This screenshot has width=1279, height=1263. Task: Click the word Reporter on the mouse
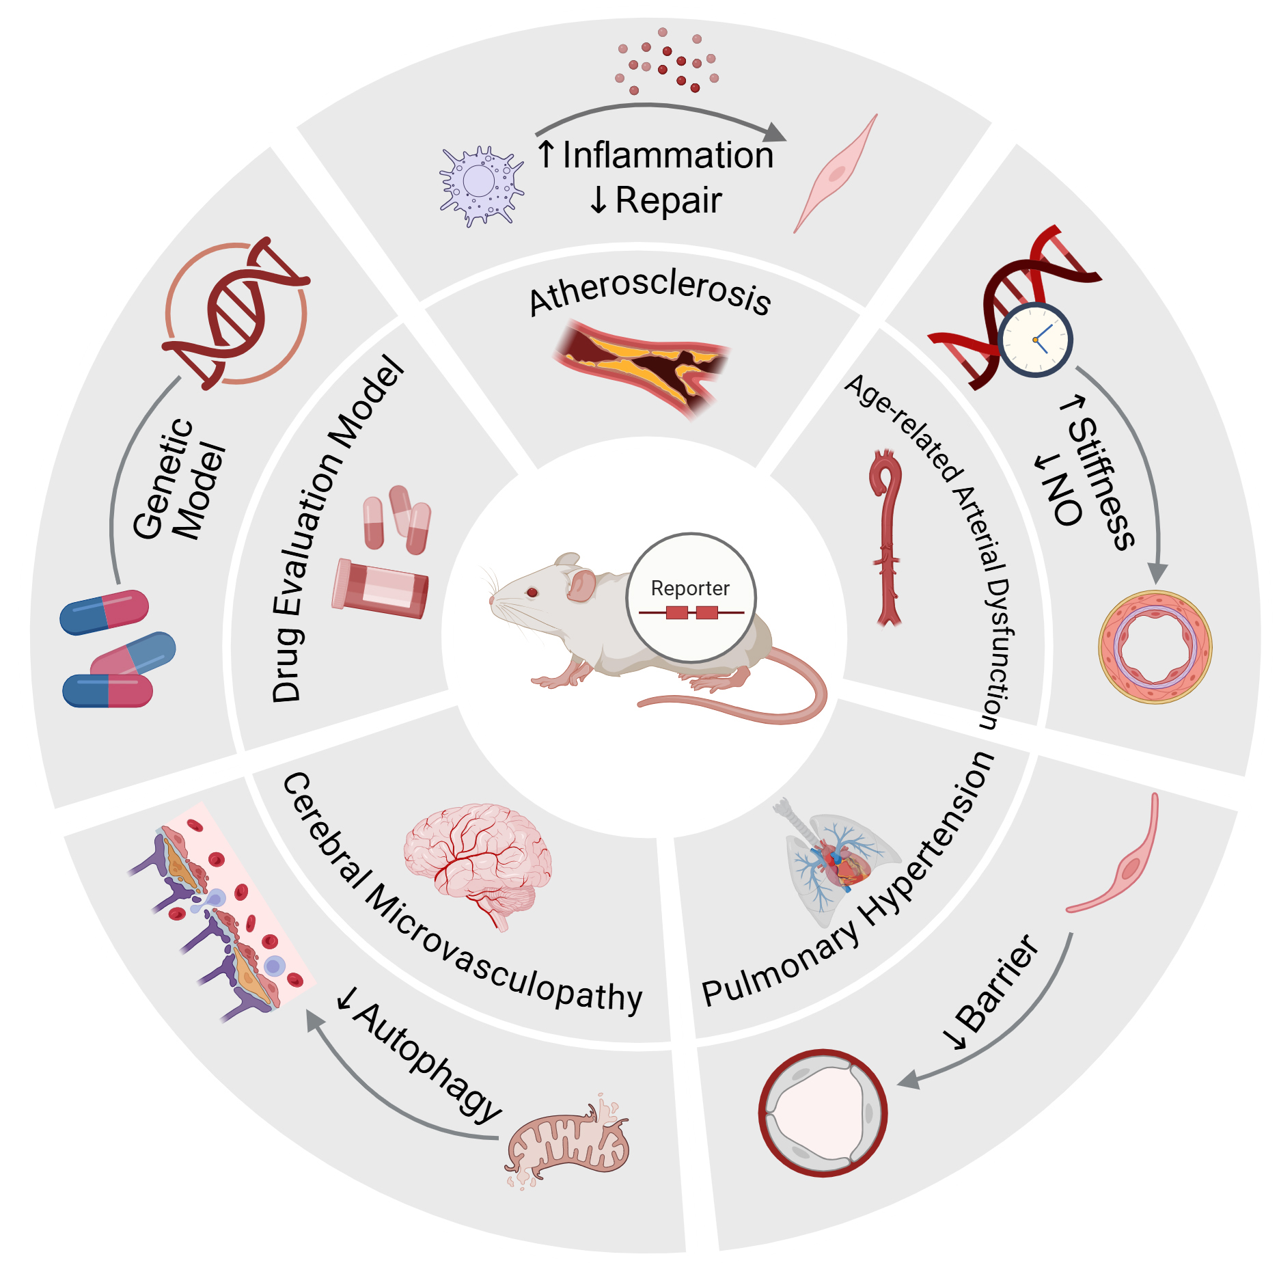(x=690, y=588)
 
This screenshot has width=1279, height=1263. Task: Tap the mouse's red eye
(x=532, y=592)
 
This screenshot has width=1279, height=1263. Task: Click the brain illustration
(x=478, y=861)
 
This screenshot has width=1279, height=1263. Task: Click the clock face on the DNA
(x=1035, y=340)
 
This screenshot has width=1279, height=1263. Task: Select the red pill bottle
(x=380, y=587)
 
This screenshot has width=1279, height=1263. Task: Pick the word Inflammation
(x=668, y=155)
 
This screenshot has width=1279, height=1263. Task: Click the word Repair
(x=668, y=201)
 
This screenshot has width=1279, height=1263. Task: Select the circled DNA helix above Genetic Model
(x=236, y=314)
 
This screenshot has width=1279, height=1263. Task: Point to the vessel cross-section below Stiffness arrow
(x=1155, y=647)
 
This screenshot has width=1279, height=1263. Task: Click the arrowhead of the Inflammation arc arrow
(x=775, y=133)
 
